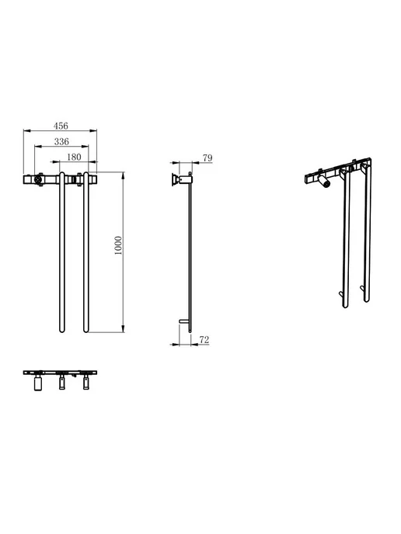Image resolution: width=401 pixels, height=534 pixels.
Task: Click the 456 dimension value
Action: coord(61,126)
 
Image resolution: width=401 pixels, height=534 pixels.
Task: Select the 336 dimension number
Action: coord(61,142)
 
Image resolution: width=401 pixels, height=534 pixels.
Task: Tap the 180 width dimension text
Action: coord(74,157)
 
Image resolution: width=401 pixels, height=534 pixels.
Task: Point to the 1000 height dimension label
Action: coord(118,246)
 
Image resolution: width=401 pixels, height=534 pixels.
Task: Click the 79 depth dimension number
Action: coord(207,158)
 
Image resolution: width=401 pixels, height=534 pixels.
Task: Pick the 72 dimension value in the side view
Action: coord(204,339)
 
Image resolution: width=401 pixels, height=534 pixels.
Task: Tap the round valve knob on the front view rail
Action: coord(39,179)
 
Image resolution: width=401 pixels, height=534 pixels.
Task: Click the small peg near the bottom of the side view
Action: coord(183,321)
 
